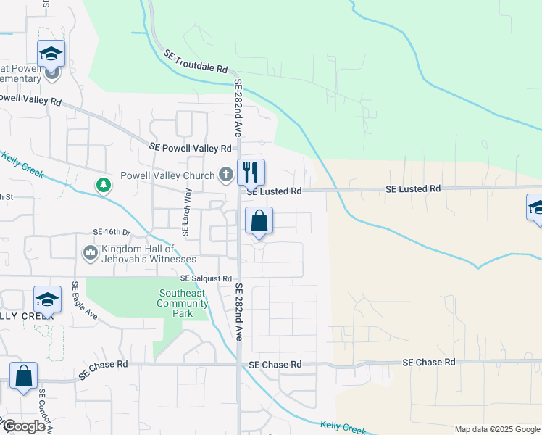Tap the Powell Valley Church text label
click(x=167, y=175)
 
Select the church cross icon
click(x=226, y=174)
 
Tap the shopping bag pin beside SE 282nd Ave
click(x=259, y=221)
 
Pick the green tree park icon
click(x=104, y=186)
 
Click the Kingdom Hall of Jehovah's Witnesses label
click(x=149, y=254)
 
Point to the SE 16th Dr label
click(x=112, y=232)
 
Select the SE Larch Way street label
click(x=187, y=212)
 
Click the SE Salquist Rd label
click(x=206, y=278)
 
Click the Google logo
click(x=23, y=426)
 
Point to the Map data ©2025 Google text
click(x=496, y=429)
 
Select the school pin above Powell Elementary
click(x=51, y=54)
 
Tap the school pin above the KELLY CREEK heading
click(x=47, y=299)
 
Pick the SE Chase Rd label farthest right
click(x=429, y=362)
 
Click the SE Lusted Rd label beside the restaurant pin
click(x=274, y=191)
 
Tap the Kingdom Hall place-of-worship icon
click(x=91, y=252)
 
